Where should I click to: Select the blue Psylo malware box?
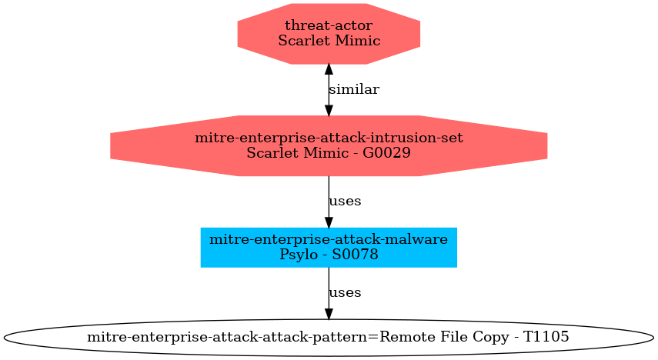(329, 247)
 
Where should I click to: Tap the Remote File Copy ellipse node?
(329, 338)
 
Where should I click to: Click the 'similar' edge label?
(353, 89)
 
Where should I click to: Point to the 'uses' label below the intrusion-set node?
(345, 202)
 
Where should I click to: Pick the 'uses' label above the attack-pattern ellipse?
(345, 293)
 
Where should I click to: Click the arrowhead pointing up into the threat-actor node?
(329, 69)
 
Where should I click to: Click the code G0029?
(385, 153)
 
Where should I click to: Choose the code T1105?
(546, 338)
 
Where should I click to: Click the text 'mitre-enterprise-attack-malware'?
(329, 240)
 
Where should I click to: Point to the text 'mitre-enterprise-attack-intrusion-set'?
(329, 138)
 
